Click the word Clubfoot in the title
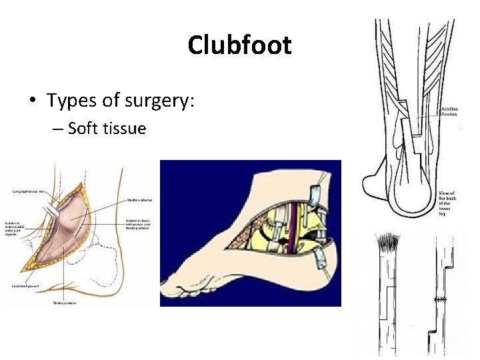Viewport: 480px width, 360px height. pyautogui.click(x=239, y=45)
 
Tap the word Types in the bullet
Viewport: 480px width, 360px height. pyautogui.click(x=72, y=101)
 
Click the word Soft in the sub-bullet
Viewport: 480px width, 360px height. pyautogui.click(x=83, y=128)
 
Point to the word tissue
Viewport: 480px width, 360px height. pyautogui.click(x=125, y=128)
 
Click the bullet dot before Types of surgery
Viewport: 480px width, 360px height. pyautogui.click(x=32, y=101)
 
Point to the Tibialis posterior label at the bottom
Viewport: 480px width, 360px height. pyautogui.click(x=64, y=303)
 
